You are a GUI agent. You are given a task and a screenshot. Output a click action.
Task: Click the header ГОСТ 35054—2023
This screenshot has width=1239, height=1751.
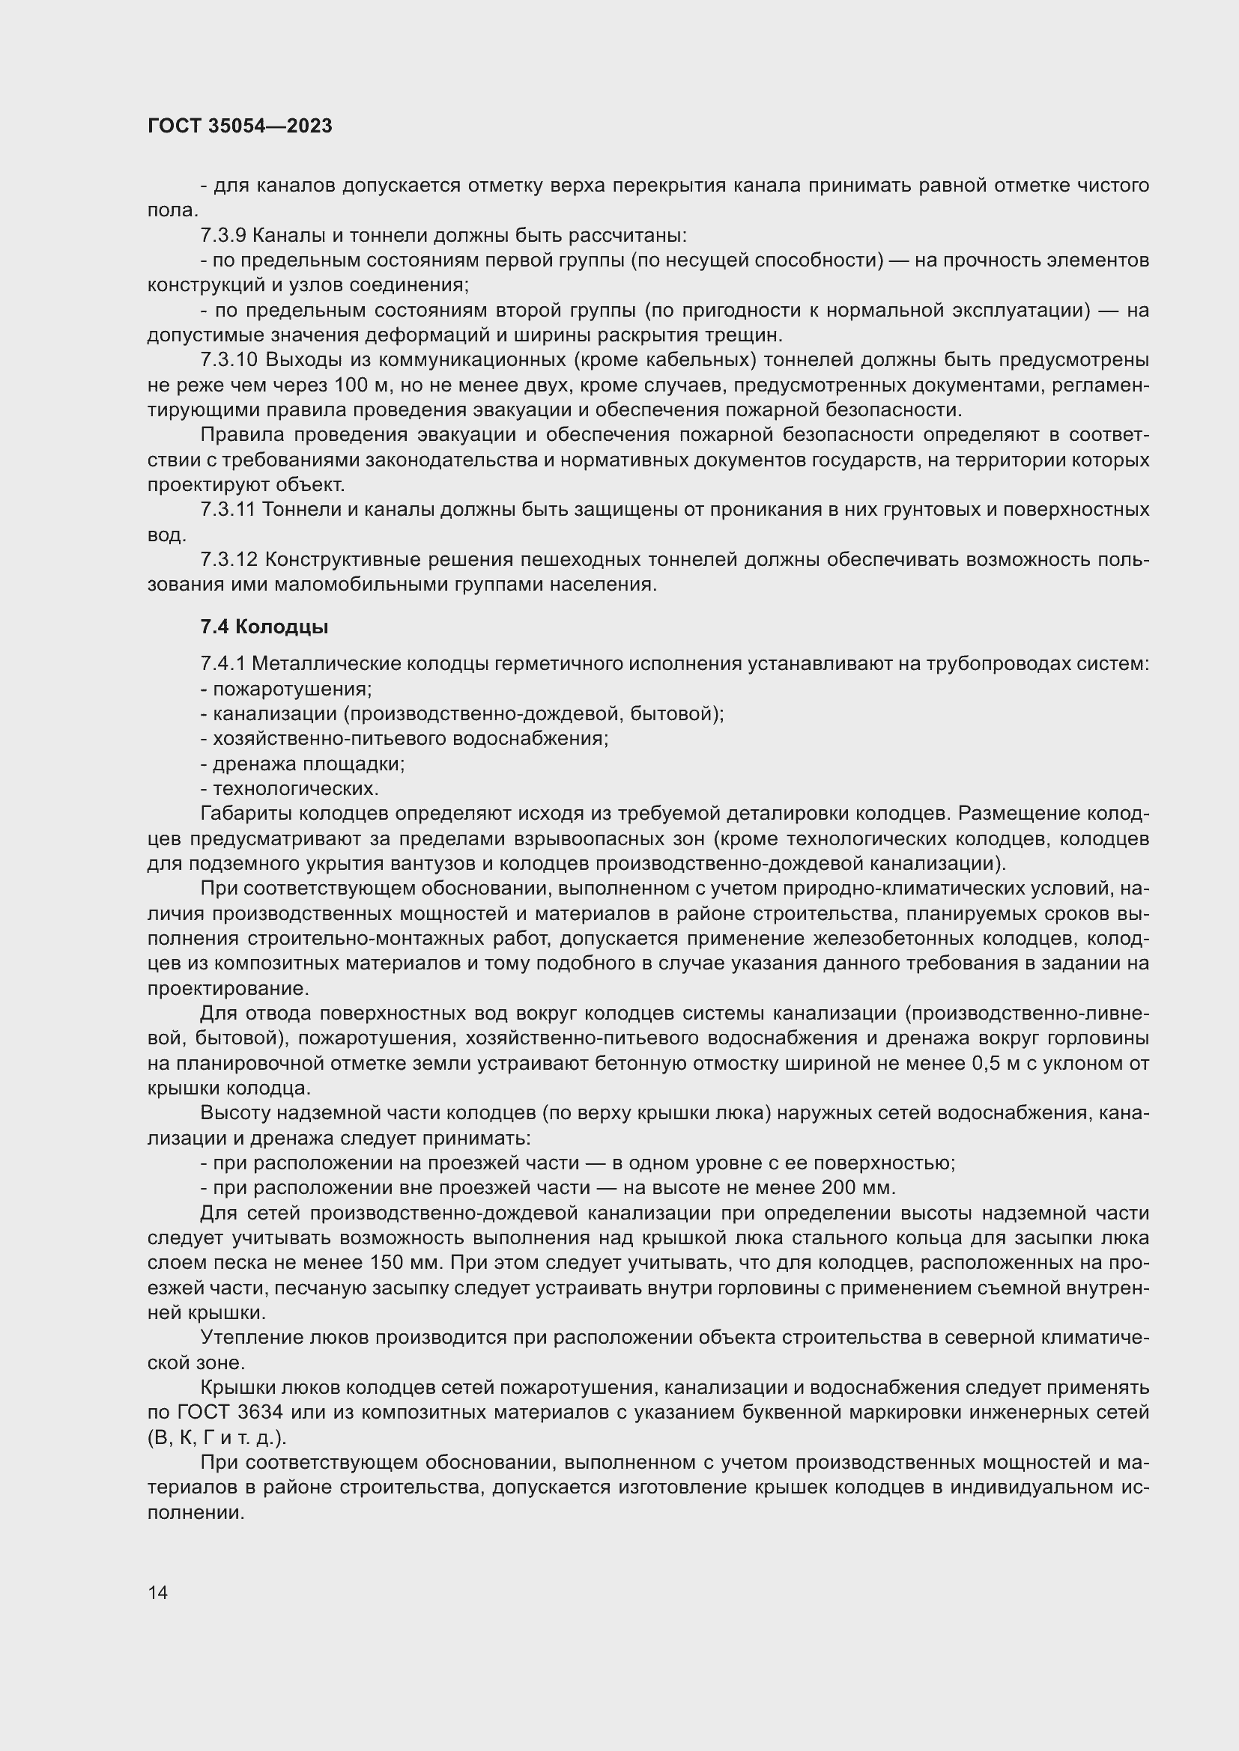pos(240,127)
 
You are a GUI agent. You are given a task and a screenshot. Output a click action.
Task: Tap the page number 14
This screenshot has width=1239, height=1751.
pos(158,1592)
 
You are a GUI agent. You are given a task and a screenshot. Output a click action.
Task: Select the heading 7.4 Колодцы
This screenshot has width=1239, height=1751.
pos(264,627)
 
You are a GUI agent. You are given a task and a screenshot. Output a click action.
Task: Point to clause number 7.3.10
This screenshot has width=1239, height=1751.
pos(229,360)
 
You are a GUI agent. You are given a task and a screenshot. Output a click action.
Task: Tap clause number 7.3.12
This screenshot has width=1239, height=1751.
pos(229,560)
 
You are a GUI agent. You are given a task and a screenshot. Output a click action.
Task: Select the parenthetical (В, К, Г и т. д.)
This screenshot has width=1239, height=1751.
pos(216,1437)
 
